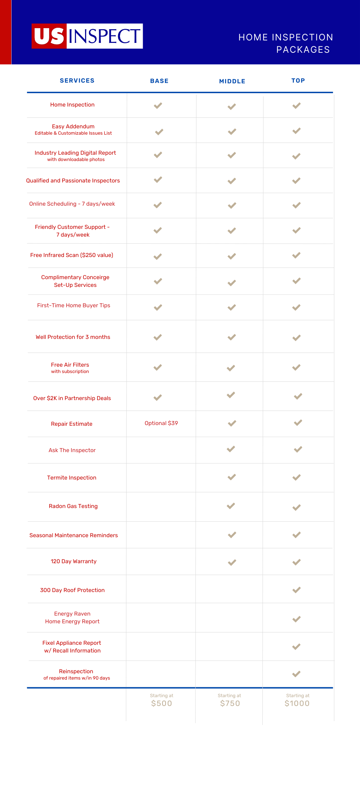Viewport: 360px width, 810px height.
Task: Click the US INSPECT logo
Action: click(x=87, y=36)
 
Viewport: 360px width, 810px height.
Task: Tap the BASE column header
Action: click(x=159, y=81)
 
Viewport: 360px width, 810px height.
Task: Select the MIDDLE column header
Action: click(x=232, y=81)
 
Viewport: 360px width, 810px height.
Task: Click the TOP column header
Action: click(x=298, y=81)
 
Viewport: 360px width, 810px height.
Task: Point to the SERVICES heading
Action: click(x=77, y=81)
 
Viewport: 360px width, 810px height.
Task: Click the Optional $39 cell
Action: click(x=161, y=423)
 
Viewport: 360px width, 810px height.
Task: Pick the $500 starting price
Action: click(x=161, y=703)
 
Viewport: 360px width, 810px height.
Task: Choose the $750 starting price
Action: click(x=230, y=703)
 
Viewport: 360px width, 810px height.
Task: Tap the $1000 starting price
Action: click(x=297, y=703)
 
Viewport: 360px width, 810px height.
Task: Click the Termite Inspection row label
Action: click(x=72, y=477)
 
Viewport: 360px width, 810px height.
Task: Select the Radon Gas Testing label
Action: click(x=73, y=506)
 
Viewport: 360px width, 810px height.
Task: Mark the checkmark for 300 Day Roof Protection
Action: click(x=296, y=590)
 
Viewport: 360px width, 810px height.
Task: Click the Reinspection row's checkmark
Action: click(x=296, y=674)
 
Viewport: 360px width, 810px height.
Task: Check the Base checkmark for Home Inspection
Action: click(x=158, y=105)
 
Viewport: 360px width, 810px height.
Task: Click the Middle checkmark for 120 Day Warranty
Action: click(x=232, y=562)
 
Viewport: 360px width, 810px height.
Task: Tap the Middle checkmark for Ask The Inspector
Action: click(x=231, y=449)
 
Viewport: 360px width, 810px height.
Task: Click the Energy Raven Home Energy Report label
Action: click(x=72, y=618)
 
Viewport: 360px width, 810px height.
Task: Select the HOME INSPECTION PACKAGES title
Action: click(x=286, y=43)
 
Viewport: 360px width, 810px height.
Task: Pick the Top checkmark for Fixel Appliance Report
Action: click(x=296, y=647)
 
